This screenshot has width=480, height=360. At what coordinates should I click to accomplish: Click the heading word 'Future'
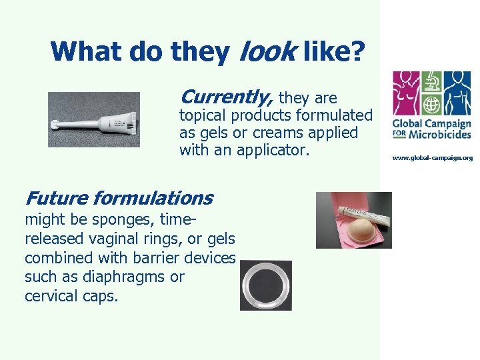pos(56,198)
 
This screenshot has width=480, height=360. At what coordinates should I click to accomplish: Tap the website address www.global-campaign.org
pos(432,158)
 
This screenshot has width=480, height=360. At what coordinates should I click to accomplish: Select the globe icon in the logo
pos(431,105)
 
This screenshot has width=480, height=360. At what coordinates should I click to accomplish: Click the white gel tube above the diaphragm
pos(360,211)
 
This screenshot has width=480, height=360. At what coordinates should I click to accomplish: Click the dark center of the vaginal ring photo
pos(266,285)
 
